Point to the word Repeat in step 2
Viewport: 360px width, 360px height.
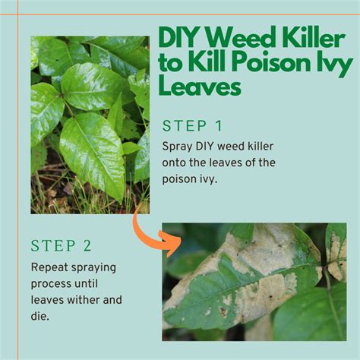pos(49,267)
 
